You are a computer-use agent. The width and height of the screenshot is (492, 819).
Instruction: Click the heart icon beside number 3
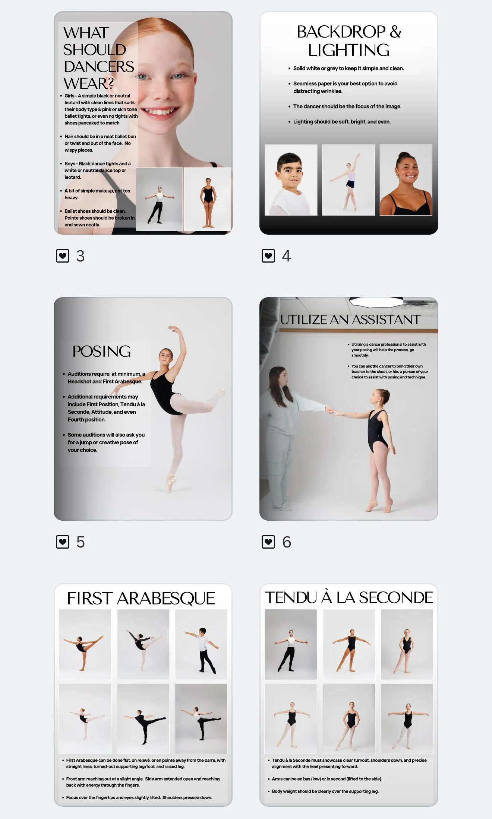click(x=63, y=256)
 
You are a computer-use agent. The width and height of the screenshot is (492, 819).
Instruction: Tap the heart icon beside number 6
click(x=268, y=542)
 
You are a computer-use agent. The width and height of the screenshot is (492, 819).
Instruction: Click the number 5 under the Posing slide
click(x=81, y=542)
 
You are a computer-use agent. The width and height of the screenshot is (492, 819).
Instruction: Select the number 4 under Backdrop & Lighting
click(x=286, y=256)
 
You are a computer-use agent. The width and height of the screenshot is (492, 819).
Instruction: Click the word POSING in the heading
click(x=102, y=351)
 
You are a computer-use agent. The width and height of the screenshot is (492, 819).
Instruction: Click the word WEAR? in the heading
click(x=89, y=83)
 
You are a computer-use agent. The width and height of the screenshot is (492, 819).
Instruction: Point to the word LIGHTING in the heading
click(x=349, y=50)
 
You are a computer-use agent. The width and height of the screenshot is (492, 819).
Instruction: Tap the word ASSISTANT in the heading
click(x=386, y=320)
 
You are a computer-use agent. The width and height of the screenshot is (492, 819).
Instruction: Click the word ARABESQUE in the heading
click(x=166, y=599)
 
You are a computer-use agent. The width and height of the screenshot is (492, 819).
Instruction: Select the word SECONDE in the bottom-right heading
click(x=396, y=598)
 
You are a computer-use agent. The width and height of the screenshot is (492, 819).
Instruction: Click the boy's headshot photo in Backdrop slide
click(x=291, y=180)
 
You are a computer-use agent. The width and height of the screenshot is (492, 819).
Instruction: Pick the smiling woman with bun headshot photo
click(x=406, y=180)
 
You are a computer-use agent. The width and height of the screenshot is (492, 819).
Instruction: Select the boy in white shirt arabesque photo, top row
click(x=201, y=644)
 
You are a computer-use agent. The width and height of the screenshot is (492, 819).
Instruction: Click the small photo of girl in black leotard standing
click(x=208, y=199)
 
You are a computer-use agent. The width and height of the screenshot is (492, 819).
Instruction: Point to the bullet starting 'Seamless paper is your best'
click(x=345, y=88)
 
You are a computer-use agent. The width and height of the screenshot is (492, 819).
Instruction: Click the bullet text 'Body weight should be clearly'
click(x=325, y=791)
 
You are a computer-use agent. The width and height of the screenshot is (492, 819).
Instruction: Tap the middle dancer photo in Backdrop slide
click(x=348, y=180)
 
